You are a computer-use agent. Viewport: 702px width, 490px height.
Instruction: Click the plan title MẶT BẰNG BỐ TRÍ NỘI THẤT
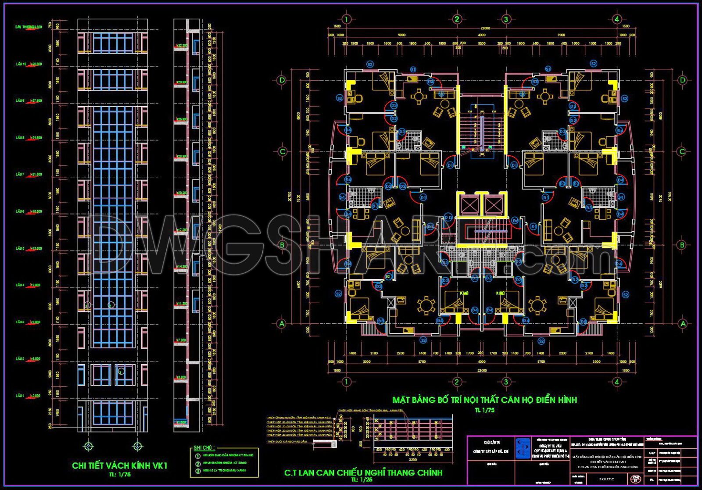click(484, 400)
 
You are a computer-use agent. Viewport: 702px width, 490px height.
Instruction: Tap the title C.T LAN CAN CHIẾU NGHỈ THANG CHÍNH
click(363, 472)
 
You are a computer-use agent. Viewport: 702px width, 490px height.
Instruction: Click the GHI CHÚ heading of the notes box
click(204, 448)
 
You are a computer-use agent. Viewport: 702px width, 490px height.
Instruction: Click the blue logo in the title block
click(522, 448)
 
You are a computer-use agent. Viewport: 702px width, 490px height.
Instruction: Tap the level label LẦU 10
click(21, 64)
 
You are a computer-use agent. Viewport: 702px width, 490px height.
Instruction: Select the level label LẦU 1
click(20, 396)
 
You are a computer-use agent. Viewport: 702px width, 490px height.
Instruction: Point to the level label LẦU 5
click(20, 248)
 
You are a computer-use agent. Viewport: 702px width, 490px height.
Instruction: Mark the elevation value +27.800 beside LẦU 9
click(36, 101)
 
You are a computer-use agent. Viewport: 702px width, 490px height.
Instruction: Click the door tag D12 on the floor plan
click(448, 217)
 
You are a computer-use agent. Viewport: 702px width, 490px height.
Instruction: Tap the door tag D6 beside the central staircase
click(516, 221)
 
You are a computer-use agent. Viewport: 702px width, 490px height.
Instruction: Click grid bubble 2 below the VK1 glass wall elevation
click(89, 447)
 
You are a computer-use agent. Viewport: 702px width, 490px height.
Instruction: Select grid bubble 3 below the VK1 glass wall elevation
click(137, 447)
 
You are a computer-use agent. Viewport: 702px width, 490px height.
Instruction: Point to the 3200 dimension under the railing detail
click(412, 460)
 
